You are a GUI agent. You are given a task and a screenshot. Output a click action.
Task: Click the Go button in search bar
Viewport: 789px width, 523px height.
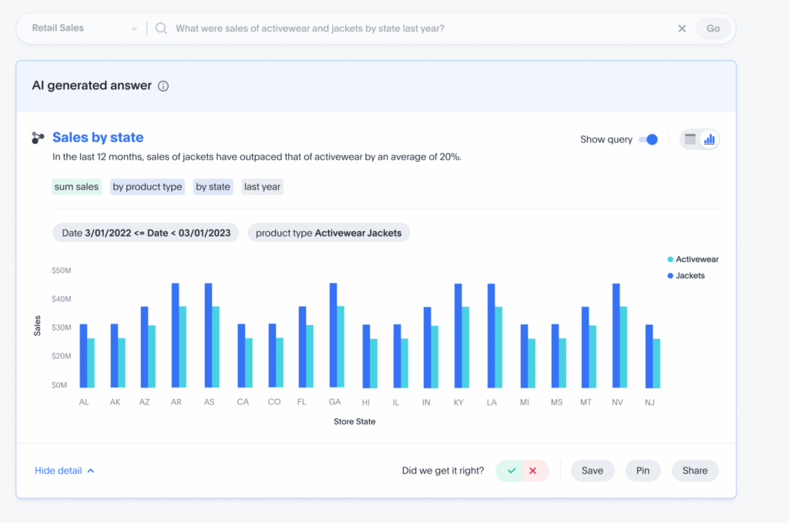click(713, 28)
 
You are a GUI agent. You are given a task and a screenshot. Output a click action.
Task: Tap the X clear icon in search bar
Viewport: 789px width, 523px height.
click(682, 28)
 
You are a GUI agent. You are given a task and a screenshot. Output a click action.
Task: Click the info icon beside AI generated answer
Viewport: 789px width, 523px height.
click(163, 86)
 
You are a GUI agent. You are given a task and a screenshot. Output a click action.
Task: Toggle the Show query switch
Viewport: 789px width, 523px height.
click(649, 139)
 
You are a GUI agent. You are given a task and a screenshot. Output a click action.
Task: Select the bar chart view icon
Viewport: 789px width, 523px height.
click(710, 139)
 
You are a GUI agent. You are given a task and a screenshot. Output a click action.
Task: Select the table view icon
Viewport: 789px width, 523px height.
click(690, 139)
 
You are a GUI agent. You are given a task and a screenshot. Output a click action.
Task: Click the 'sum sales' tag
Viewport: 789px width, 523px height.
click(76, 186)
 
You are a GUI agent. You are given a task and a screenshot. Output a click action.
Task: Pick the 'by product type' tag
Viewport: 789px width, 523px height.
click(147, 186)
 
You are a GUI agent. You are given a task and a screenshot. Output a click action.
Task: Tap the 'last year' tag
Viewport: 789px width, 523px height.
click(262, 186)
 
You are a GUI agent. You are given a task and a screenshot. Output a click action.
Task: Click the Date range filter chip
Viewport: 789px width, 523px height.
click(146, 233)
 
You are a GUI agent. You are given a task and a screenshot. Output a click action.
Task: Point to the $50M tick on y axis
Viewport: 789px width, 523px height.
click(62, 270)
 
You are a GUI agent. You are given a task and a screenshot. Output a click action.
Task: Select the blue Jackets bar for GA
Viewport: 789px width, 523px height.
click(333, 335)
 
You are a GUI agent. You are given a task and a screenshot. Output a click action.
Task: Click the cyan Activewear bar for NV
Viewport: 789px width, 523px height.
click(623, 347)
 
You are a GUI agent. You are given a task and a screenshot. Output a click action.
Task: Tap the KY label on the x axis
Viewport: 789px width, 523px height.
click(459, 402)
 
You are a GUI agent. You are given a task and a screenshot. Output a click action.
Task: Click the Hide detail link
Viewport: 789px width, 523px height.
click(65, 471)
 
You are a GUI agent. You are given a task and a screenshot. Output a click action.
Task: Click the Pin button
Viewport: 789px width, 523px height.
click(643, 471)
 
